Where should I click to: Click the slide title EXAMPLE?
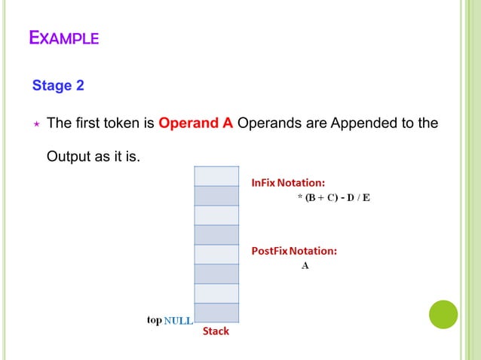coord(64,37)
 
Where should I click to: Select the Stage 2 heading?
coord(58,85)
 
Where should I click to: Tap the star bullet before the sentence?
coord(35,124)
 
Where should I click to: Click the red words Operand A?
coord(195,123)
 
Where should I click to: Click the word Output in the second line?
coord(69,157)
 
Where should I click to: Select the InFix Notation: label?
coord(288,182)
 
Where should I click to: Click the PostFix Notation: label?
coord(294,251)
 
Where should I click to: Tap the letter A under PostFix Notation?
coord(305,266)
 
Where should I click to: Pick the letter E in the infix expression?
coord(366,198)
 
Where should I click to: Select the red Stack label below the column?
coord(216,331)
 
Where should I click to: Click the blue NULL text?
coord(178,320)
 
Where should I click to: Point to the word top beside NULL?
coord(154,320)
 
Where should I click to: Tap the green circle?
coord(443,314)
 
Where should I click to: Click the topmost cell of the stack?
coord(217,175)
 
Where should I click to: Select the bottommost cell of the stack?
coord(217,313)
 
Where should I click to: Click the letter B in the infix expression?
coord(310,198)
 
